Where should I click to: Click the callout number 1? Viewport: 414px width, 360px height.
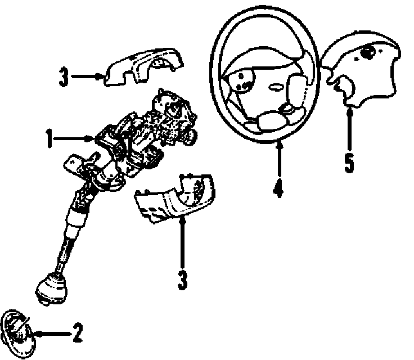coord(49,137)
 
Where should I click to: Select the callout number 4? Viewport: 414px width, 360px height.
coord(278,187)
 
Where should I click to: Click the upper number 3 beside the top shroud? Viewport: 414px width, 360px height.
coord(64,77)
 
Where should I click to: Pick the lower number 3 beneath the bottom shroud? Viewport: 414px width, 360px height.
coord(182,280)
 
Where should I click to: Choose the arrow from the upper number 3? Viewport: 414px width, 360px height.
coord(87,76)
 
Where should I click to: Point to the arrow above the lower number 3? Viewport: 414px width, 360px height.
coord(182,242)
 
